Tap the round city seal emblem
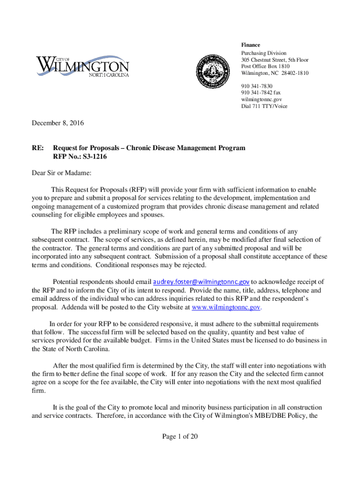coord(213,71)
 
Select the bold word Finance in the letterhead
coord(251,45)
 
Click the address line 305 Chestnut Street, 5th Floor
coord(274,60)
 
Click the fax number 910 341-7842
coord(261,93)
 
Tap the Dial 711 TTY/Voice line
coord(264,106)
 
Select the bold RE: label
coord(37,148)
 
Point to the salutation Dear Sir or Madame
coord(61,173)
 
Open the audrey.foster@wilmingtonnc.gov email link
coord(201,282)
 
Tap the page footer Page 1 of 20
coord(180,436)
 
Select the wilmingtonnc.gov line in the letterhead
coord(261,99)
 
